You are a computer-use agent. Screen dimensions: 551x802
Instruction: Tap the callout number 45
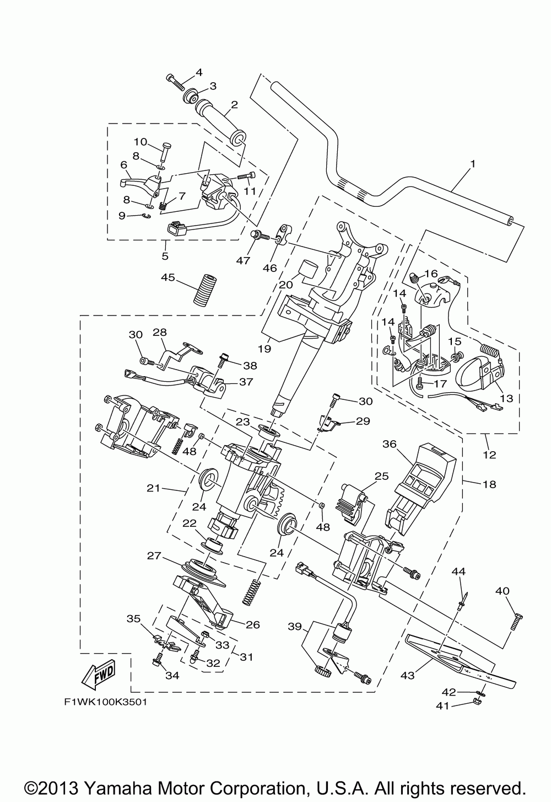point(168,277)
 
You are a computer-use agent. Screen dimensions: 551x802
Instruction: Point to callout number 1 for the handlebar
point(473,164)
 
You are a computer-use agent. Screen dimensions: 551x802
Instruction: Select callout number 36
point(390,443)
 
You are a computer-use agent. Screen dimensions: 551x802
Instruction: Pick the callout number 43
point(407,675)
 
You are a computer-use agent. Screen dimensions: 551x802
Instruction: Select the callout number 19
point(264,349)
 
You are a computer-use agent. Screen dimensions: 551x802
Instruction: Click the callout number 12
point(489,455)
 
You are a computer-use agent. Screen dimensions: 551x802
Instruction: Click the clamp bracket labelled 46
point(285,235)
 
